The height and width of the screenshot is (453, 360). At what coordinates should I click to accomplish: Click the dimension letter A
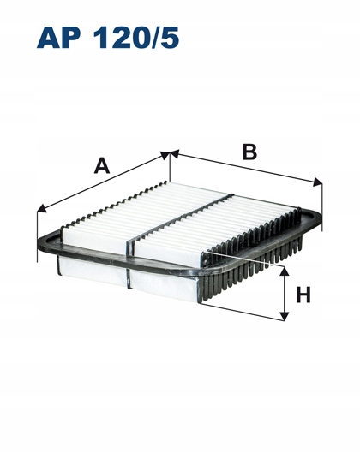pyautogui.click(x=102, y=165)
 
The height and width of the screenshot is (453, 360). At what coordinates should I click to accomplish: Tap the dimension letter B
pyautogui.click(x=249, y=152)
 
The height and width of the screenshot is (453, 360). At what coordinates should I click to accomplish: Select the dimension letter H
pyautogui.click(x=303, y=295)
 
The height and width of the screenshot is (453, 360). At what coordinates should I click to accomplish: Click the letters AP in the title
pyautogui.click(x=61, y=38)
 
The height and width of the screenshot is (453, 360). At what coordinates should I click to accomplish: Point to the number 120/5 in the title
pyautogui.click(x=136, y=38)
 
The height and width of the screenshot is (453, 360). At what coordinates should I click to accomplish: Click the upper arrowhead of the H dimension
pyautogui.click(x=285, y=271)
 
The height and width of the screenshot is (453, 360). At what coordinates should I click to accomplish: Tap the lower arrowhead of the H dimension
pyautogui.click(x=285, y=316)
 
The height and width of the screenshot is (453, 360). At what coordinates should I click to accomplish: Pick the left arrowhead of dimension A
pyautogui.click(x=41, y=209)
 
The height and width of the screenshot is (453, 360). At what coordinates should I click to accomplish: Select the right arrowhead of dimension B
pyautogui.click(x=318, y=182)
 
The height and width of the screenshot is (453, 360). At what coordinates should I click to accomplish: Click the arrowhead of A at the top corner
pyautogui.click(x=165, y=155)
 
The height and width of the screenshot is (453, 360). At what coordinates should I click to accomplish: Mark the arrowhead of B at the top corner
pyautogui.click(x=175, y=153)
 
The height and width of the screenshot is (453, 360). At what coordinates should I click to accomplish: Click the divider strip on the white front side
pyautogui.click(x=129, y=278)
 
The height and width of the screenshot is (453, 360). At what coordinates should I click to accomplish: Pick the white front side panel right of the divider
pyautogui.click(x=165, y=287)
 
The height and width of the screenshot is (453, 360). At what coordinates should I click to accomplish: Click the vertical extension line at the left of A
pyautogui.click(x=38, y=235)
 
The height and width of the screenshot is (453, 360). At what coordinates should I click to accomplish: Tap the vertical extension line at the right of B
pyautogui.click(x=321, y=206)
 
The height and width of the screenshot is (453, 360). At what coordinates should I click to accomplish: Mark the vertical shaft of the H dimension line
pyautogui.click(x=285, y=294)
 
